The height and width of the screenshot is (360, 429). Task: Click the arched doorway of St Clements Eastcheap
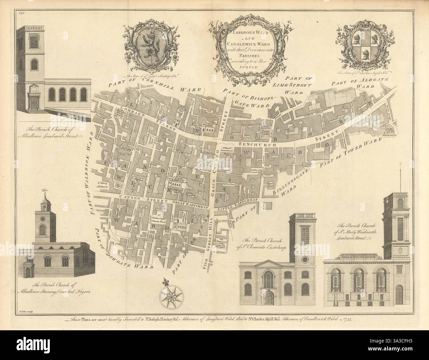(x=270, y=299)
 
